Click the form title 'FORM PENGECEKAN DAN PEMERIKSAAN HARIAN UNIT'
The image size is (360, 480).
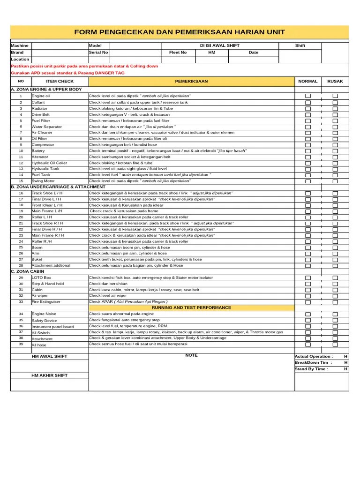180,32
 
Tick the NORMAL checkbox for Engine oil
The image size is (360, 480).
308,96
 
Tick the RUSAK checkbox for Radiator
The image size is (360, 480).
335,108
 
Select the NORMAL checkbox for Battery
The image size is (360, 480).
308,151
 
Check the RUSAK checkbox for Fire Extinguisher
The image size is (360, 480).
335,302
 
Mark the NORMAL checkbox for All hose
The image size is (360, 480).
308,345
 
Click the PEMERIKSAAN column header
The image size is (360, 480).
191,82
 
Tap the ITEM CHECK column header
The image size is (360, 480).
60,82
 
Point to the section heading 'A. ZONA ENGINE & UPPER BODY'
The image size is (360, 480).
46,89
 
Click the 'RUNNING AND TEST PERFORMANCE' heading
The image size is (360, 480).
191,307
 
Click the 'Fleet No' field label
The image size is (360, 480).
178,52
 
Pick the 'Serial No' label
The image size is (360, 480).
98,52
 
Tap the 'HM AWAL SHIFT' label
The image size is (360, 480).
49,357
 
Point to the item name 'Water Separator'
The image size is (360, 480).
46,127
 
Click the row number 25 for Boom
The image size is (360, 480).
21,247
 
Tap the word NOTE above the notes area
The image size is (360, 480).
191,355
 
